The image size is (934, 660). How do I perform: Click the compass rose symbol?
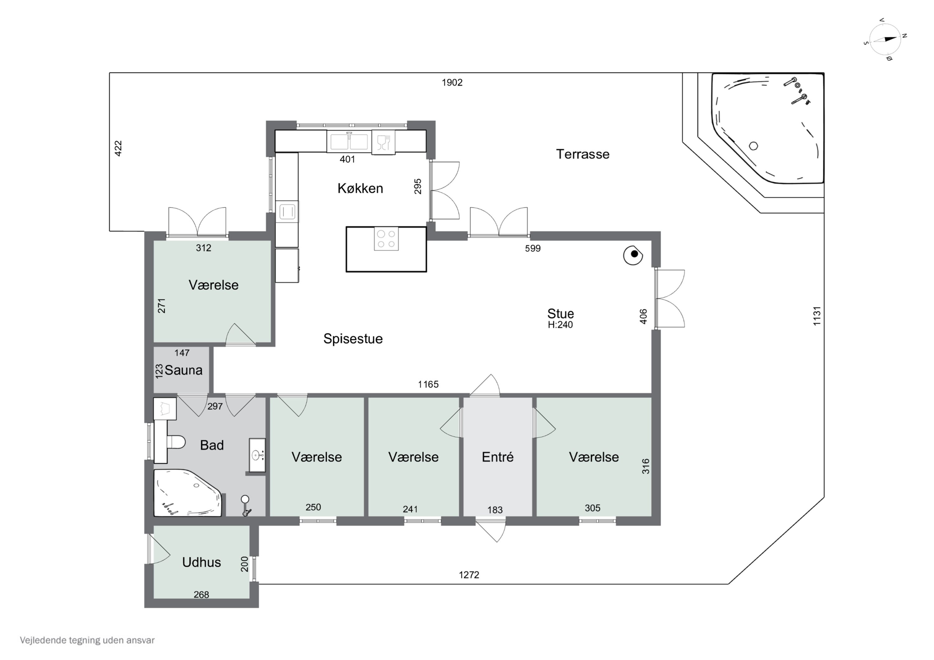[885, 40]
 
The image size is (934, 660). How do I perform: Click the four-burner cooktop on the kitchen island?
[386, 239]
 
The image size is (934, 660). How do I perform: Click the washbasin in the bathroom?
[257, 455]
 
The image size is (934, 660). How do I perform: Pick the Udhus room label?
[201, 562]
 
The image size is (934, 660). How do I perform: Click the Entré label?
[498, 457]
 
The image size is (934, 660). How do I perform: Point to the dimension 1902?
[452, 82]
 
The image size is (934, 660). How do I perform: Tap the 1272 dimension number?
[469, 575]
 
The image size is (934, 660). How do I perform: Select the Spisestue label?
[353, 339]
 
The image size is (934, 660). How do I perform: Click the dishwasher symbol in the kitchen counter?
[383, 142]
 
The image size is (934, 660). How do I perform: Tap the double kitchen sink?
[349, 142]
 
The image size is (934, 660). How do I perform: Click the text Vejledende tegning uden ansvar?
[87, 640]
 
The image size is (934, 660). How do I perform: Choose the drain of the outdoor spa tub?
[753, 146]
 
